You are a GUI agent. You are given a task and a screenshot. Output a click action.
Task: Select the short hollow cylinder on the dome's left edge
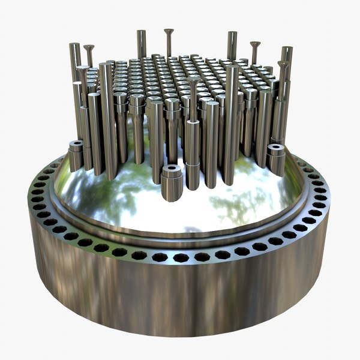click(x=76, y=156)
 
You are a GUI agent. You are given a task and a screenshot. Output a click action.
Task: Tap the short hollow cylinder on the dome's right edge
click(x=276, y=159)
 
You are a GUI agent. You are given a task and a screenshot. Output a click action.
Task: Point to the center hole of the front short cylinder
click(x=171, y=169)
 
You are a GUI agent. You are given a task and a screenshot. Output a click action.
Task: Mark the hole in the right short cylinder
click(x=276, y=146)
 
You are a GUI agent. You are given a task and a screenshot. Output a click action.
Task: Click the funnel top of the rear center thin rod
click(x=167, y=31)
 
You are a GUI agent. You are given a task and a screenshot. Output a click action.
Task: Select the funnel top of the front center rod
click(x=193, y=79)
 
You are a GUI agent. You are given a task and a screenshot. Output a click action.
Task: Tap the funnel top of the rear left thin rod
click(x=89, y=47)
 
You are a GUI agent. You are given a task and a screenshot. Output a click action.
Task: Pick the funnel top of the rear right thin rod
click(x=255, y=44)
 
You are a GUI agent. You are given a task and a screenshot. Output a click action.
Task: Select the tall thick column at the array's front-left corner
click(x=108, y=120)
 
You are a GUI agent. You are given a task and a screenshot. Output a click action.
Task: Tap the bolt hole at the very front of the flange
click(x=180, y=257)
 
